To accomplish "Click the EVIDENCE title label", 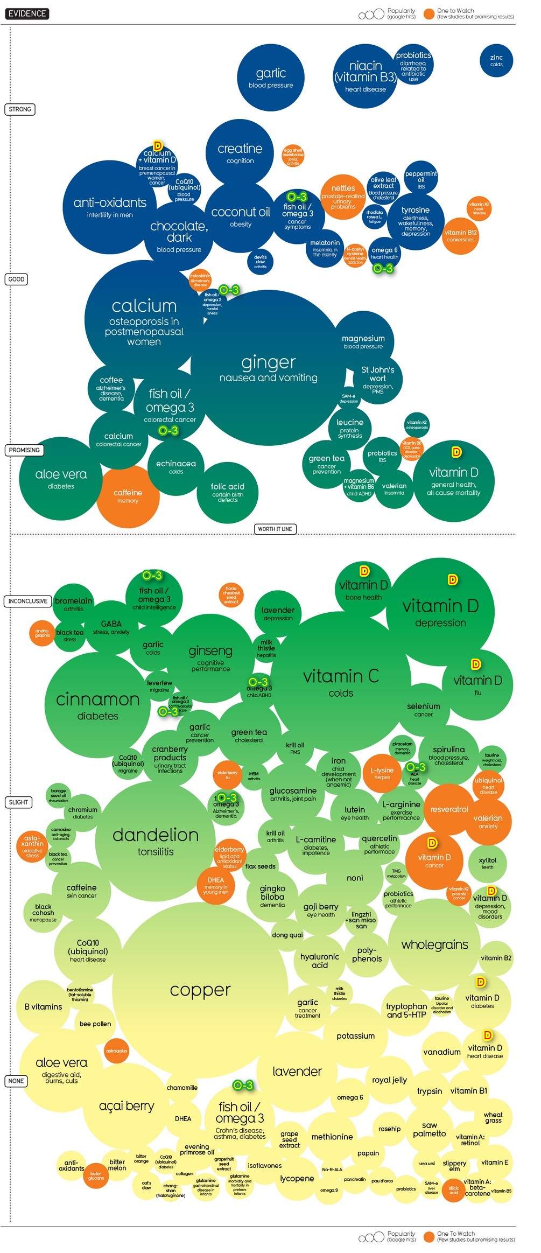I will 27,13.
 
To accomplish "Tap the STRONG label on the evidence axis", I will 20,109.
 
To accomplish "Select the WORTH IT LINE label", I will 275,529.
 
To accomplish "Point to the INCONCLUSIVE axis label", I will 27,601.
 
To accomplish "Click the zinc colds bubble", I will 496,60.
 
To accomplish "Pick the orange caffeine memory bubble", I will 128,496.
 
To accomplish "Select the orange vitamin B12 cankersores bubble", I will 461,236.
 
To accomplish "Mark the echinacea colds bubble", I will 175,466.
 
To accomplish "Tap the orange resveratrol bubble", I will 449,809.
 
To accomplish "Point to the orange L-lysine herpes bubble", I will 382,773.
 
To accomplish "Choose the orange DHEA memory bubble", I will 216,884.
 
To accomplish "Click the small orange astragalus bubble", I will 116,1051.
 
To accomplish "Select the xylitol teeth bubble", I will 487,863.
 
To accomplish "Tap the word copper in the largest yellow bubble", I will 200,990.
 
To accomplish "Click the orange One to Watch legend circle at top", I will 428,14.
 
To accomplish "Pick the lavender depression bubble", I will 278,613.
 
